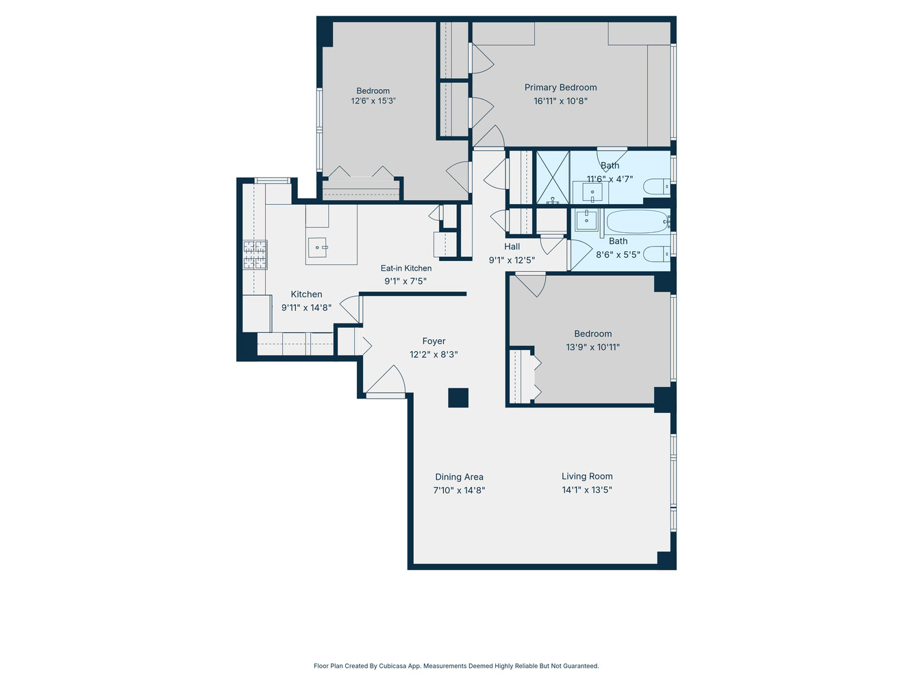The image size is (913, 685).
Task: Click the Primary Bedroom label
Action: [x=560, y=87]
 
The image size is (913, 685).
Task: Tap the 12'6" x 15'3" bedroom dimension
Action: [x=373, y=101]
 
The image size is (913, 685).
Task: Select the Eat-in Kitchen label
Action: [x=406, y=268]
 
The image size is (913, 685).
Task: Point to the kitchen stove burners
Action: [x=255, y=254]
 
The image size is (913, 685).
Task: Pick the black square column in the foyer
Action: [x=458, y=398]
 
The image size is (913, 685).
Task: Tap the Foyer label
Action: [x=434, y=341]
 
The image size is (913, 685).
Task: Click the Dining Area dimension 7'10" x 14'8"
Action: [x=459, y=490]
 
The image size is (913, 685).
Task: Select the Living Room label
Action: [x=587, y=476]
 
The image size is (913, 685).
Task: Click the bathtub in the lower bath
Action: [x=637, y=221]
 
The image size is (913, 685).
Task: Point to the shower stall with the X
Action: [x=552, y=177]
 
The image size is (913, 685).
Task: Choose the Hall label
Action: [x=512, y=247]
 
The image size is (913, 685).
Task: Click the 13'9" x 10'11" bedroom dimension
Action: [x=592, y=347]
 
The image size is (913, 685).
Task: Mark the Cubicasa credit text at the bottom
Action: [x=456, y=666]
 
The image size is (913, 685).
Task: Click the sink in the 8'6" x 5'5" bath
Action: [x=586, y=221]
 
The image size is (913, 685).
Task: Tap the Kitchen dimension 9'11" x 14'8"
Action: [x=306, y=308]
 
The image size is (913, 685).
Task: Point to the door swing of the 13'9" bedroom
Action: [x=531, y=284]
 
